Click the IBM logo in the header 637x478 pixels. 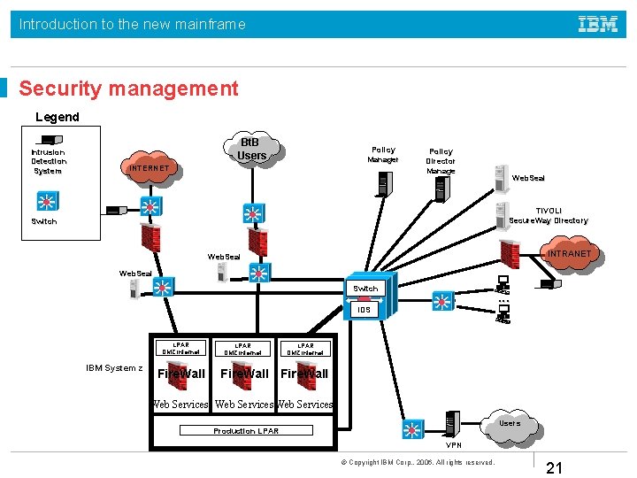pyautogui.click(x=598, y=25)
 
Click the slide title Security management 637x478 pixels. pyautogui.click(x=128, y=89)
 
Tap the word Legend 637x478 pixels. pyautogui.click(x=58, y=117)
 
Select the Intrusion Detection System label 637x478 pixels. pyautogui.click(x=49, y=162)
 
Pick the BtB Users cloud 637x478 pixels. pyautogui.click(x=251, y=149)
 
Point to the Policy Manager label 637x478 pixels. pyautogui.click(x=383, y=155)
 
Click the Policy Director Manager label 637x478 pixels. pyautogui.click(x=441, y=161)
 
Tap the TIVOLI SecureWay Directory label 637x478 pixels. pyautogui.click(x=549, y=215)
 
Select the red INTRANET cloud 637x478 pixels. pyautogui.click(x=568, y=255)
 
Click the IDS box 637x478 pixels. pyautogui.click(x=365, y=309)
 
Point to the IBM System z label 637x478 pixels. pyautogui.click(x=114, y=367)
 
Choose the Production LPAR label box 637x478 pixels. pyautogui.click(x=246, y=431)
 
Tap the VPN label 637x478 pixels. pyautogui.click(x=454, y=445)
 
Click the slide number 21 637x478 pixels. pyautogui.click(x=556, y=466)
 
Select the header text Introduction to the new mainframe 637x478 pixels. pyautogui.click(x=133, y=25)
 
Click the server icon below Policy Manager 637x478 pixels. pyautogui.click(x=383, y=182)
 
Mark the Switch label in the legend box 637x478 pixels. pyautogui.click(x=44, y=221)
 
